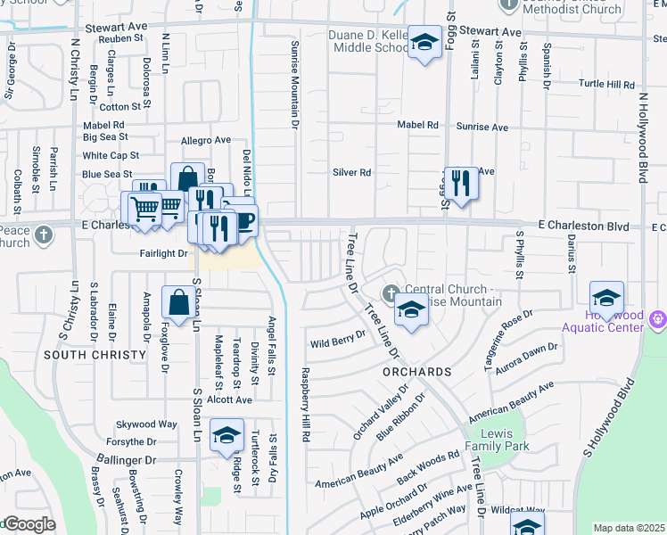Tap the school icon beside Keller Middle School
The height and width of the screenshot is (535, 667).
425,42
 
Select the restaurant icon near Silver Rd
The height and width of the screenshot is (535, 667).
461,184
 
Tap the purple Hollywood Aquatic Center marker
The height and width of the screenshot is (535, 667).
658,317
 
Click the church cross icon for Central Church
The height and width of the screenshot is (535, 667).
391,292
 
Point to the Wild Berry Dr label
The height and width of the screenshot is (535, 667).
338,340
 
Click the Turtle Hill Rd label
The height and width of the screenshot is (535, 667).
606,84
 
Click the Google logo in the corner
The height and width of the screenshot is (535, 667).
29,524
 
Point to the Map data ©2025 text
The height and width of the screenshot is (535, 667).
629,528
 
